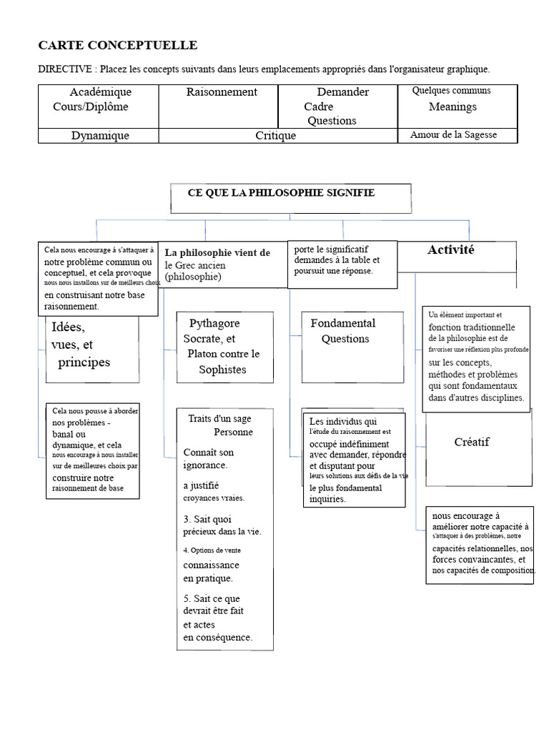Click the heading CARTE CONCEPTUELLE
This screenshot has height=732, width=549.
click(x=118, y=45)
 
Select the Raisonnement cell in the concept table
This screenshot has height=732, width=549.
click(x=219, y=107)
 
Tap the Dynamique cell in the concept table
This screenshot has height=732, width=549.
click(x=99, y=135)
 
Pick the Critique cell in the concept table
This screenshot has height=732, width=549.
click(x=278, y=135)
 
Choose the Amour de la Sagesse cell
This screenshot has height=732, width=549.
click(x=457, y=135)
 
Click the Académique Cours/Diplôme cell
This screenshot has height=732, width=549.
click(x=99, y=107)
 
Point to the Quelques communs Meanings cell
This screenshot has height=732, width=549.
click(x=457, y=107)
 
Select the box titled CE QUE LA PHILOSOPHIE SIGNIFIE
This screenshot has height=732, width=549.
click(x=291, y=199)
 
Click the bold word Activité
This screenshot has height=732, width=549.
click(x=450, y=249)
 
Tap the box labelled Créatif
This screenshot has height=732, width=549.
click(x=479, y=450)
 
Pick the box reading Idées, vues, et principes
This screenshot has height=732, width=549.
click(x=92, y=349)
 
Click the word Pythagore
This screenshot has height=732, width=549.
click(x=214, y=323)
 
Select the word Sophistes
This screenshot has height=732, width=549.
click(x=222, y=370)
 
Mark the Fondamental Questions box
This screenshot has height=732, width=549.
click(x=352, y=347)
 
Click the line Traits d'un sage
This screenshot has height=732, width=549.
click(x=219, y=418)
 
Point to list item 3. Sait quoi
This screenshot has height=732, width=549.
click(x=207, y=519)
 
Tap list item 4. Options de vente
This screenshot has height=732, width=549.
click(x=212, y=550)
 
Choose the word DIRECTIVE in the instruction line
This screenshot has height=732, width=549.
click(x=65, y=69)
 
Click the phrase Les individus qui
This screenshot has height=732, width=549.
click(x=343, y=421)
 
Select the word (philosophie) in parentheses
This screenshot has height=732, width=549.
click(x=193, y=277)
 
